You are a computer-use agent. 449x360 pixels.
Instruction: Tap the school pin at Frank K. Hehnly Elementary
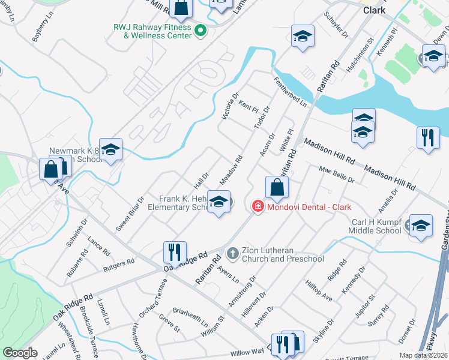click(218, 202)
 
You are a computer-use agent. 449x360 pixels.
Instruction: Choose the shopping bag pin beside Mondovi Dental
click(277, 188)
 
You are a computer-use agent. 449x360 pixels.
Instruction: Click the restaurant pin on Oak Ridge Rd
click(175, 251)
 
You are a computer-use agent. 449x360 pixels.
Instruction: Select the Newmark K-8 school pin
click(110, 150)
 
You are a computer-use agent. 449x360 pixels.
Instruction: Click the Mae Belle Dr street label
click(337, 175)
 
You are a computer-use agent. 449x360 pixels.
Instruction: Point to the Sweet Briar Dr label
click(130, 214)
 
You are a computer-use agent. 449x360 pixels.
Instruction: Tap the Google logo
click(20, 352)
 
